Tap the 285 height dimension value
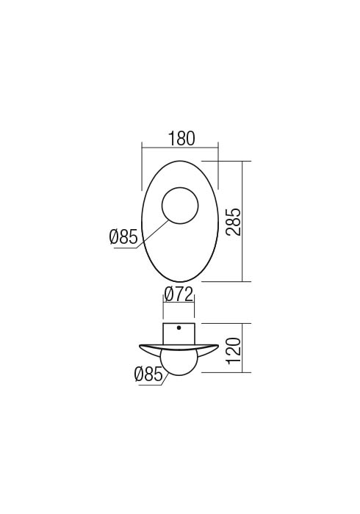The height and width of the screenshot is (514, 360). tap(233, 221)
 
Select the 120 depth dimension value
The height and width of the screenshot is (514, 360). tap(233, 348)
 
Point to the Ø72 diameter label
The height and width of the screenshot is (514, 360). tap(179, 295)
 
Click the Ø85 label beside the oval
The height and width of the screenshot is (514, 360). tap(123, 237)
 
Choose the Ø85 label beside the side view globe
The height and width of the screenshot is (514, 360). tap(148, 375)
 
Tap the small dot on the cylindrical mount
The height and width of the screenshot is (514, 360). tap(179, 327)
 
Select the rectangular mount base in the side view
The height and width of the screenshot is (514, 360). tap(179, 333)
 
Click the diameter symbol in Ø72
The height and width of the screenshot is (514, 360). tap(168, 295)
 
